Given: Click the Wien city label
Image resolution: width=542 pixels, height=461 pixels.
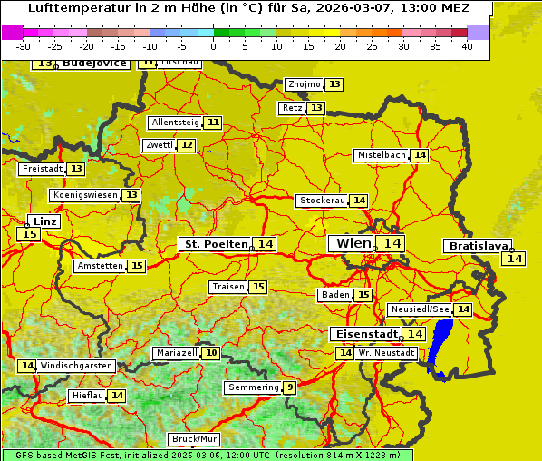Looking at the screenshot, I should coord(353,243).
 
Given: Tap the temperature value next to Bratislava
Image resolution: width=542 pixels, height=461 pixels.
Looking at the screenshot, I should coord(515,259).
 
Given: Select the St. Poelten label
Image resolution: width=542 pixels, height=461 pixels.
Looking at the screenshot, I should coord(216,244).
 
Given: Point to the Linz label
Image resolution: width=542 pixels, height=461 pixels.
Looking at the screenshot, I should coord(44,221).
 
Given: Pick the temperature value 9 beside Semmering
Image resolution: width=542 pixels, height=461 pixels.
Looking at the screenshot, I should coord(289,387).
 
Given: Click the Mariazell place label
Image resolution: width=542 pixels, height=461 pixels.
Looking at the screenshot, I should coord(176,353).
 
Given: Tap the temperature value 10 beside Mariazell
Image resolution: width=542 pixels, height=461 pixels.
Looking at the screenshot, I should coord(211,353).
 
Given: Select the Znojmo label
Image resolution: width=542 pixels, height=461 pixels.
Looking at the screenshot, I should coord(304,84).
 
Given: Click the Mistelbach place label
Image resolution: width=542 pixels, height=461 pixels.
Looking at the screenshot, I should coord(381,155).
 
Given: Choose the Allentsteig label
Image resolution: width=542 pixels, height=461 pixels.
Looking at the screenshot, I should coord(175,123).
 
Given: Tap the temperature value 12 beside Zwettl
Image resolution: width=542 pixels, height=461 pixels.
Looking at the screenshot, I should coord(186,145).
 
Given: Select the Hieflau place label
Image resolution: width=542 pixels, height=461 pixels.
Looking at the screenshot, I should coord(87,396).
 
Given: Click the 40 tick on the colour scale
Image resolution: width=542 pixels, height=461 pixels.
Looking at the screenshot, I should coord(467,46).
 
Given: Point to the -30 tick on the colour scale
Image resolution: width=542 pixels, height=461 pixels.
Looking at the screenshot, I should coord(24,46).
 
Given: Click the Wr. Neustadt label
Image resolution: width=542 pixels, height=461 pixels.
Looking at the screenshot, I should coord(387,352).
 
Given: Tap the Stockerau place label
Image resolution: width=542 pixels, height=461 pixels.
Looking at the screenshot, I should coord(322,201).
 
